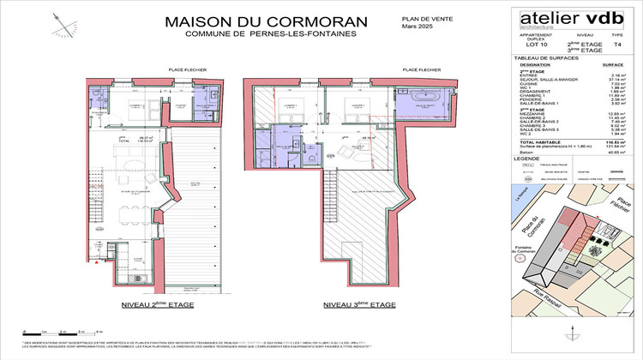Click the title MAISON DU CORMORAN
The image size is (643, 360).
[253, 21]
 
